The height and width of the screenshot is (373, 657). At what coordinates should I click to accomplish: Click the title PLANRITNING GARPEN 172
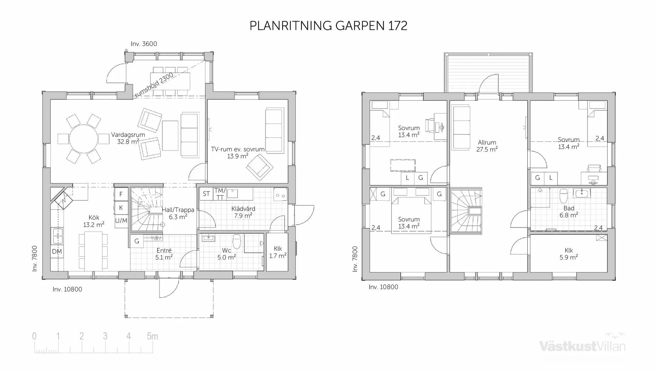tap(328, 26)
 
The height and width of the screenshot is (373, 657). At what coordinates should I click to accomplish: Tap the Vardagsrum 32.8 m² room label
tap(128, 138)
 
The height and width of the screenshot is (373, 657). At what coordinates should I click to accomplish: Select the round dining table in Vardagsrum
tap(83, 139)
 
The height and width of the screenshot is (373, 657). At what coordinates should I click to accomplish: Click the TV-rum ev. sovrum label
tap(238, 152)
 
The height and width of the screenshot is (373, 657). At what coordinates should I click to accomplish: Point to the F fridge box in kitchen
tap(121, 194)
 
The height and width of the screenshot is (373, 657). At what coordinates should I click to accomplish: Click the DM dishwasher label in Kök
tap(57, 251)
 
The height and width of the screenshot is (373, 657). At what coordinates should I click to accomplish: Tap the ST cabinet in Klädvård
tap(206, 194)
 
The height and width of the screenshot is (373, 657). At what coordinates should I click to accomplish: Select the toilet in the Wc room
tap(237, 241)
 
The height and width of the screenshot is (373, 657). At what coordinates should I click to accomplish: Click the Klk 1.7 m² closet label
tap(278, 252)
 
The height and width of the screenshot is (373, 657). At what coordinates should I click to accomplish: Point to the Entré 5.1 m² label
tap(164, 254)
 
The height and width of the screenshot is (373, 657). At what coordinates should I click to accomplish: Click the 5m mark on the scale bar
tap(152, 336)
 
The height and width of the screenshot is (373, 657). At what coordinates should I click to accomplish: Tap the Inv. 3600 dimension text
tap(144, 44)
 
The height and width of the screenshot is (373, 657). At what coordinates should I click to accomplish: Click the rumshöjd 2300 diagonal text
tap(154, 85)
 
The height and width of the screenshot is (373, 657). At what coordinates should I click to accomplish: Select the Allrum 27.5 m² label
tap(487, 146)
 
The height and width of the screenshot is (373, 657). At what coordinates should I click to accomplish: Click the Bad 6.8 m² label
tap(569, 212)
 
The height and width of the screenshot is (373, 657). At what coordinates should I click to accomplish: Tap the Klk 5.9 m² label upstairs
tap(569, 254)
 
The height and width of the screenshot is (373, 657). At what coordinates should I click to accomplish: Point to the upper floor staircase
tap(466, 211)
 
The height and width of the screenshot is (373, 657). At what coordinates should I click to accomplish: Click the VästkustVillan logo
tap(582, 346)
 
